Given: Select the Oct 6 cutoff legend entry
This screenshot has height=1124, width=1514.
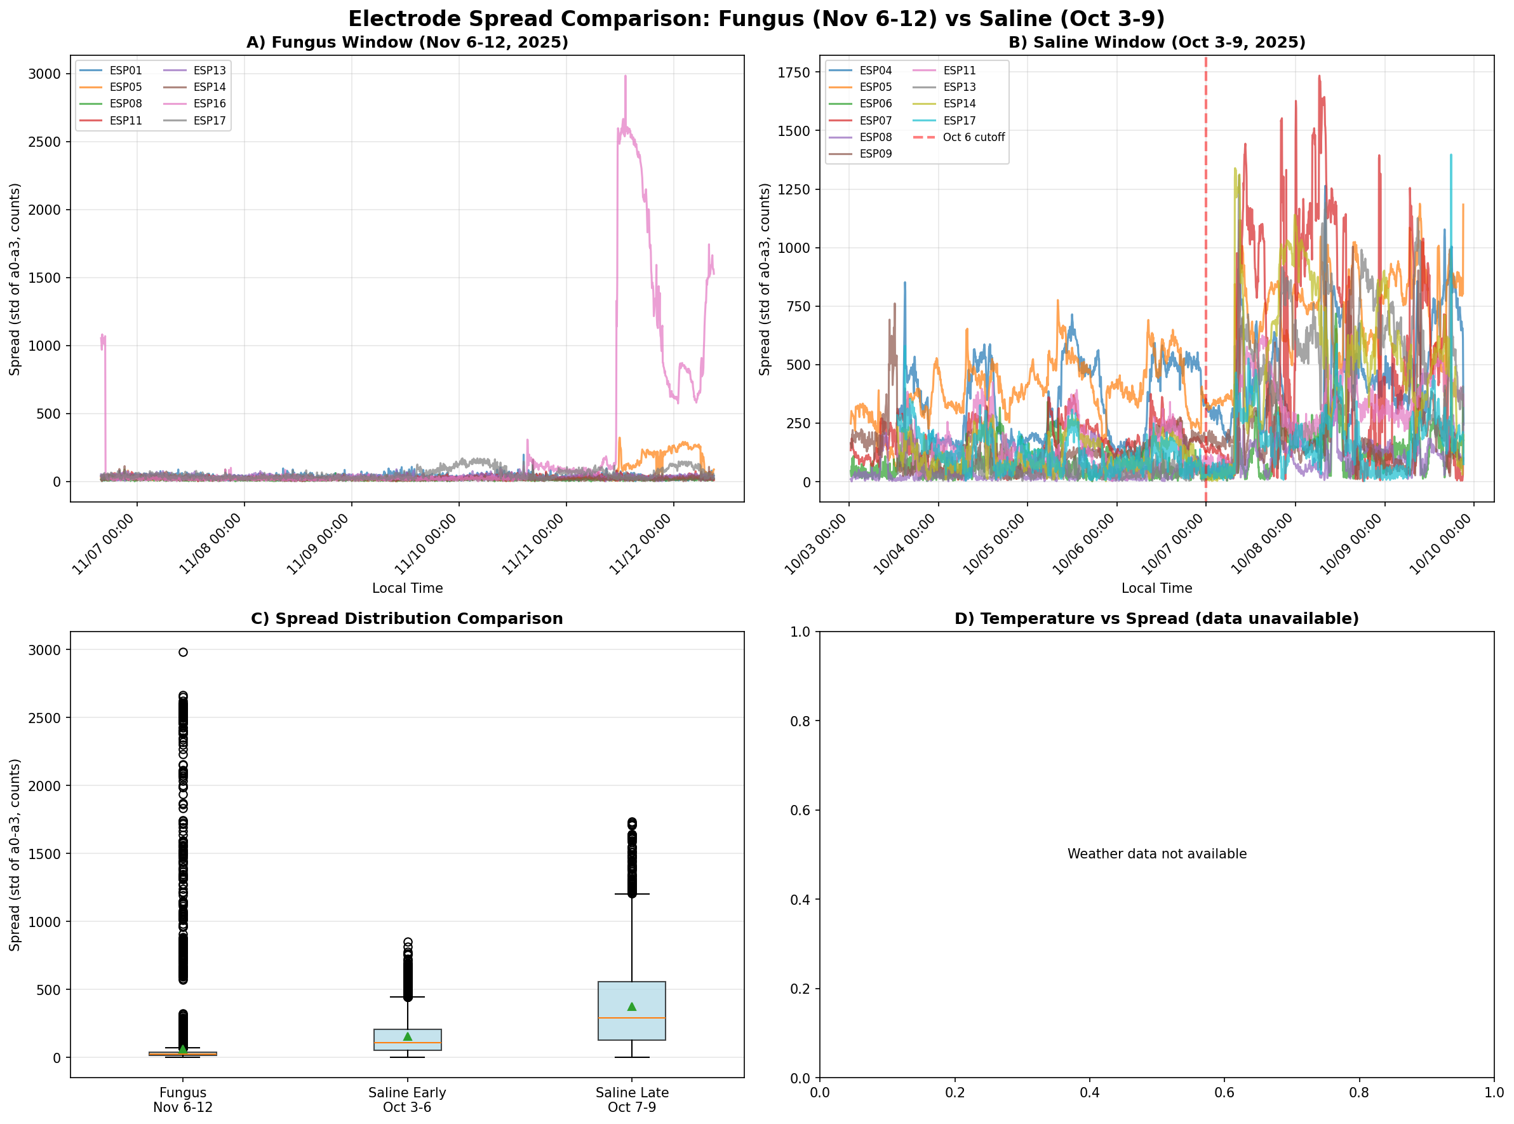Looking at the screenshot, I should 973,137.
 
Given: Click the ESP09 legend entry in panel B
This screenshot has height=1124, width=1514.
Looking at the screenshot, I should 874,154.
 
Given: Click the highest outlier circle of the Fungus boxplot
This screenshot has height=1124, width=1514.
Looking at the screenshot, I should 183,652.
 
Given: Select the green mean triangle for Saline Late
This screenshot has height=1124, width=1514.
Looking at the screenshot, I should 632,1006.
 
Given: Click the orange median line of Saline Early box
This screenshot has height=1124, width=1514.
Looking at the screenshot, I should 408,1043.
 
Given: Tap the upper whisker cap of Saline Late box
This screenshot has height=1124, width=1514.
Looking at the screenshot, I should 632,894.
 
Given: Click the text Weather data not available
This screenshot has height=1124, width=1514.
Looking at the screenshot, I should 1156,854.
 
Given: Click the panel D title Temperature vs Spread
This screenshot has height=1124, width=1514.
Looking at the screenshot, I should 1156,618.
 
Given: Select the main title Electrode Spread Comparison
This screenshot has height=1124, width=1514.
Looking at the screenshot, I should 756,18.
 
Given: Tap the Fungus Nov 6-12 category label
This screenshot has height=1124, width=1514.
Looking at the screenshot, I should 183,1099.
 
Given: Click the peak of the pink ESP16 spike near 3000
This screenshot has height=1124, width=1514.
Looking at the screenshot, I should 625,76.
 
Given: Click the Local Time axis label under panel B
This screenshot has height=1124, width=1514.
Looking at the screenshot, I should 1156,588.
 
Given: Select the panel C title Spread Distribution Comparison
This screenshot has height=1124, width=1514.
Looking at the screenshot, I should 406,618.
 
